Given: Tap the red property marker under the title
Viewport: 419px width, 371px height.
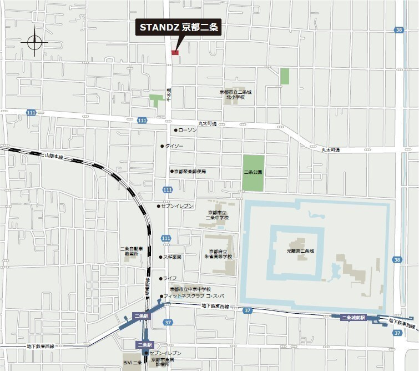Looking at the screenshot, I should click(175, 52).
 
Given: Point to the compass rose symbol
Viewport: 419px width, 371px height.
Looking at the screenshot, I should click(33, 42).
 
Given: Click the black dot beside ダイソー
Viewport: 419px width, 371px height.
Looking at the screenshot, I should click(162, 146).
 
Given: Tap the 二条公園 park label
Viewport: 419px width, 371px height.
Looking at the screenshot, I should click(253, 172).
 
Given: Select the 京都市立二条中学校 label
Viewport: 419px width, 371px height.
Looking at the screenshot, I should click(218, 215).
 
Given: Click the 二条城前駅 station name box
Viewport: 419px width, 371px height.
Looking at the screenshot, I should click(353, 317).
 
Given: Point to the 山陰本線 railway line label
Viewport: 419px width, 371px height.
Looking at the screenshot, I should click(54, 158).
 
